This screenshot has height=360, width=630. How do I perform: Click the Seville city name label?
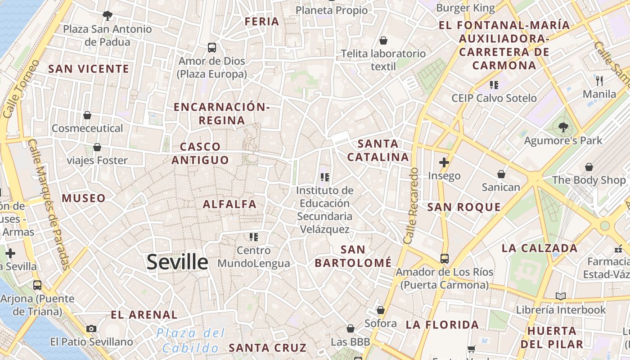177,262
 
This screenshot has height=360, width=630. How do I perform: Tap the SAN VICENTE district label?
89,69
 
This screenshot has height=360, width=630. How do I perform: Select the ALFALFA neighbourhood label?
229,204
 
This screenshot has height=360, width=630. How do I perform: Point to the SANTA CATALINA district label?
378,150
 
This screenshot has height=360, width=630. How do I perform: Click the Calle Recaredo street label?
411,206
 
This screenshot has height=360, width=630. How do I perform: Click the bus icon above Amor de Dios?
211,47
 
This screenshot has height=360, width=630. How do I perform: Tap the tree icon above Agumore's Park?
563,127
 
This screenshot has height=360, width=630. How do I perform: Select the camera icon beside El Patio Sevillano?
91,329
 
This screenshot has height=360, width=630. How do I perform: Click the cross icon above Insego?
444,162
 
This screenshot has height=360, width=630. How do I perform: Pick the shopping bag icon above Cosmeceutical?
87,116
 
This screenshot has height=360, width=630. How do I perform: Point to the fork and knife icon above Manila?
599,81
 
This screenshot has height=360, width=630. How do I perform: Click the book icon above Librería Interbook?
560,296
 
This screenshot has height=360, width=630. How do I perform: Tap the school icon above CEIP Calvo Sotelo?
494,85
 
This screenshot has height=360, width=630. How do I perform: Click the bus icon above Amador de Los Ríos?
444,259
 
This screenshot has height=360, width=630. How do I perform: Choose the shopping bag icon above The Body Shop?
589,167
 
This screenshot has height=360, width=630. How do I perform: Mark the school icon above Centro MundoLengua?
254,237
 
